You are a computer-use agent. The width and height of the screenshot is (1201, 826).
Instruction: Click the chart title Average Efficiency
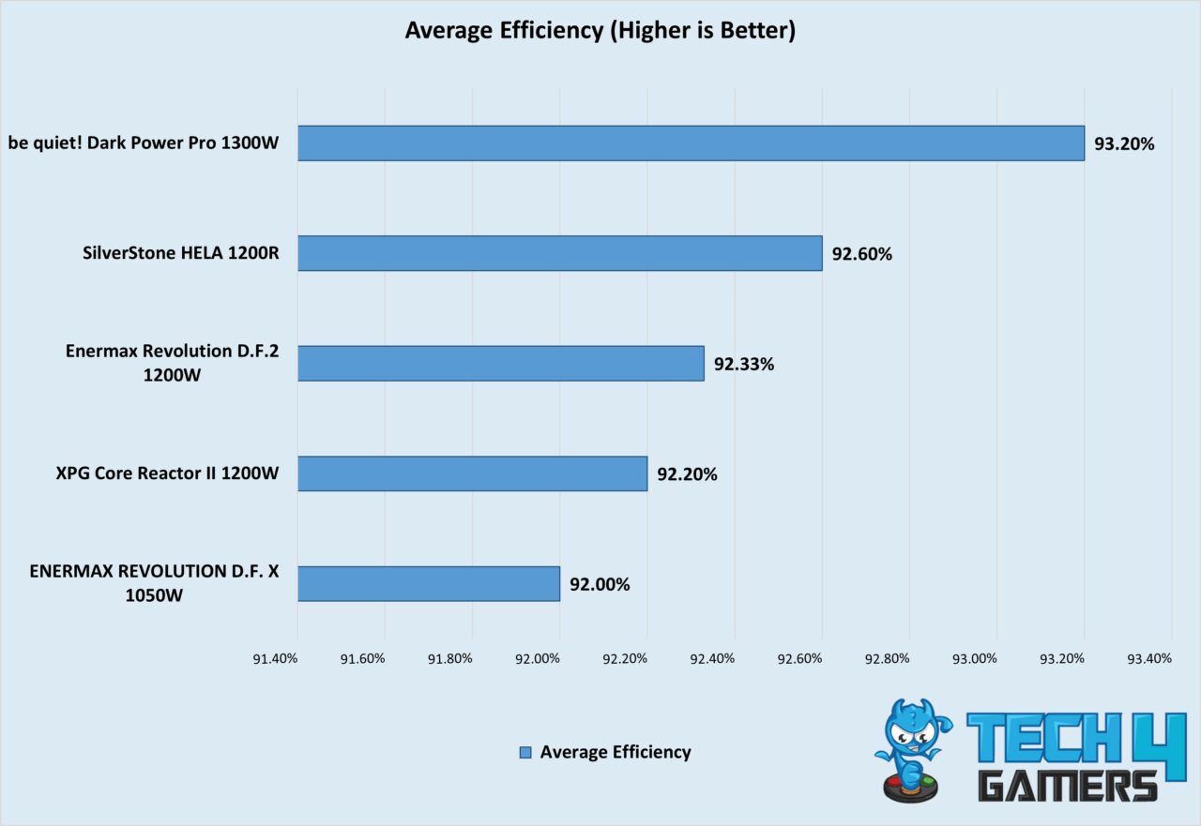tap(600, 31)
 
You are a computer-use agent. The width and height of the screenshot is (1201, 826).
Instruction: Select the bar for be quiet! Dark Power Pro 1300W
tap(691, 143)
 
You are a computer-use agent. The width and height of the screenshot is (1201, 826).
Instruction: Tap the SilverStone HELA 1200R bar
tap(560, 253)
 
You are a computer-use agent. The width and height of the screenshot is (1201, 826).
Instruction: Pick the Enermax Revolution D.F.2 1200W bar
tap(501, 364)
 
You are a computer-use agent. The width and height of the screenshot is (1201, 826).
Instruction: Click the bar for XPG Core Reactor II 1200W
tap(473, 473)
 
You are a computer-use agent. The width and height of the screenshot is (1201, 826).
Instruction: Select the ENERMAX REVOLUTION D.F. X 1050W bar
tap(429, 583)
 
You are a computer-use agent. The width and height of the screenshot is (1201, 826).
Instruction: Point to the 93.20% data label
tap(1124, 144)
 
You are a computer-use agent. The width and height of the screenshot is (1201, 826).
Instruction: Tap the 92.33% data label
tap(743, 365)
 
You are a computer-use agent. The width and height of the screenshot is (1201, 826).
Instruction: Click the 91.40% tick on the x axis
tap(275, 658)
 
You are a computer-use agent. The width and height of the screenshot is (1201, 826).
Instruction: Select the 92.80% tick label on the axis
tap(887, 658)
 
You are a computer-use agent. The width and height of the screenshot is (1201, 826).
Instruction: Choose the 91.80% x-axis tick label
tap(449, 658)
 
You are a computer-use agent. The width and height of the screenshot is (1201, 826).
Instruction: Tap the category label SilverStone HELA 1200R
tap(180, 254)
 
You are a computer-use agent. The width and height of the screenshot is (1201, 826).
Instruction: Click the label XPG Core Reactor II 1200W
tap(167, 473)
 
